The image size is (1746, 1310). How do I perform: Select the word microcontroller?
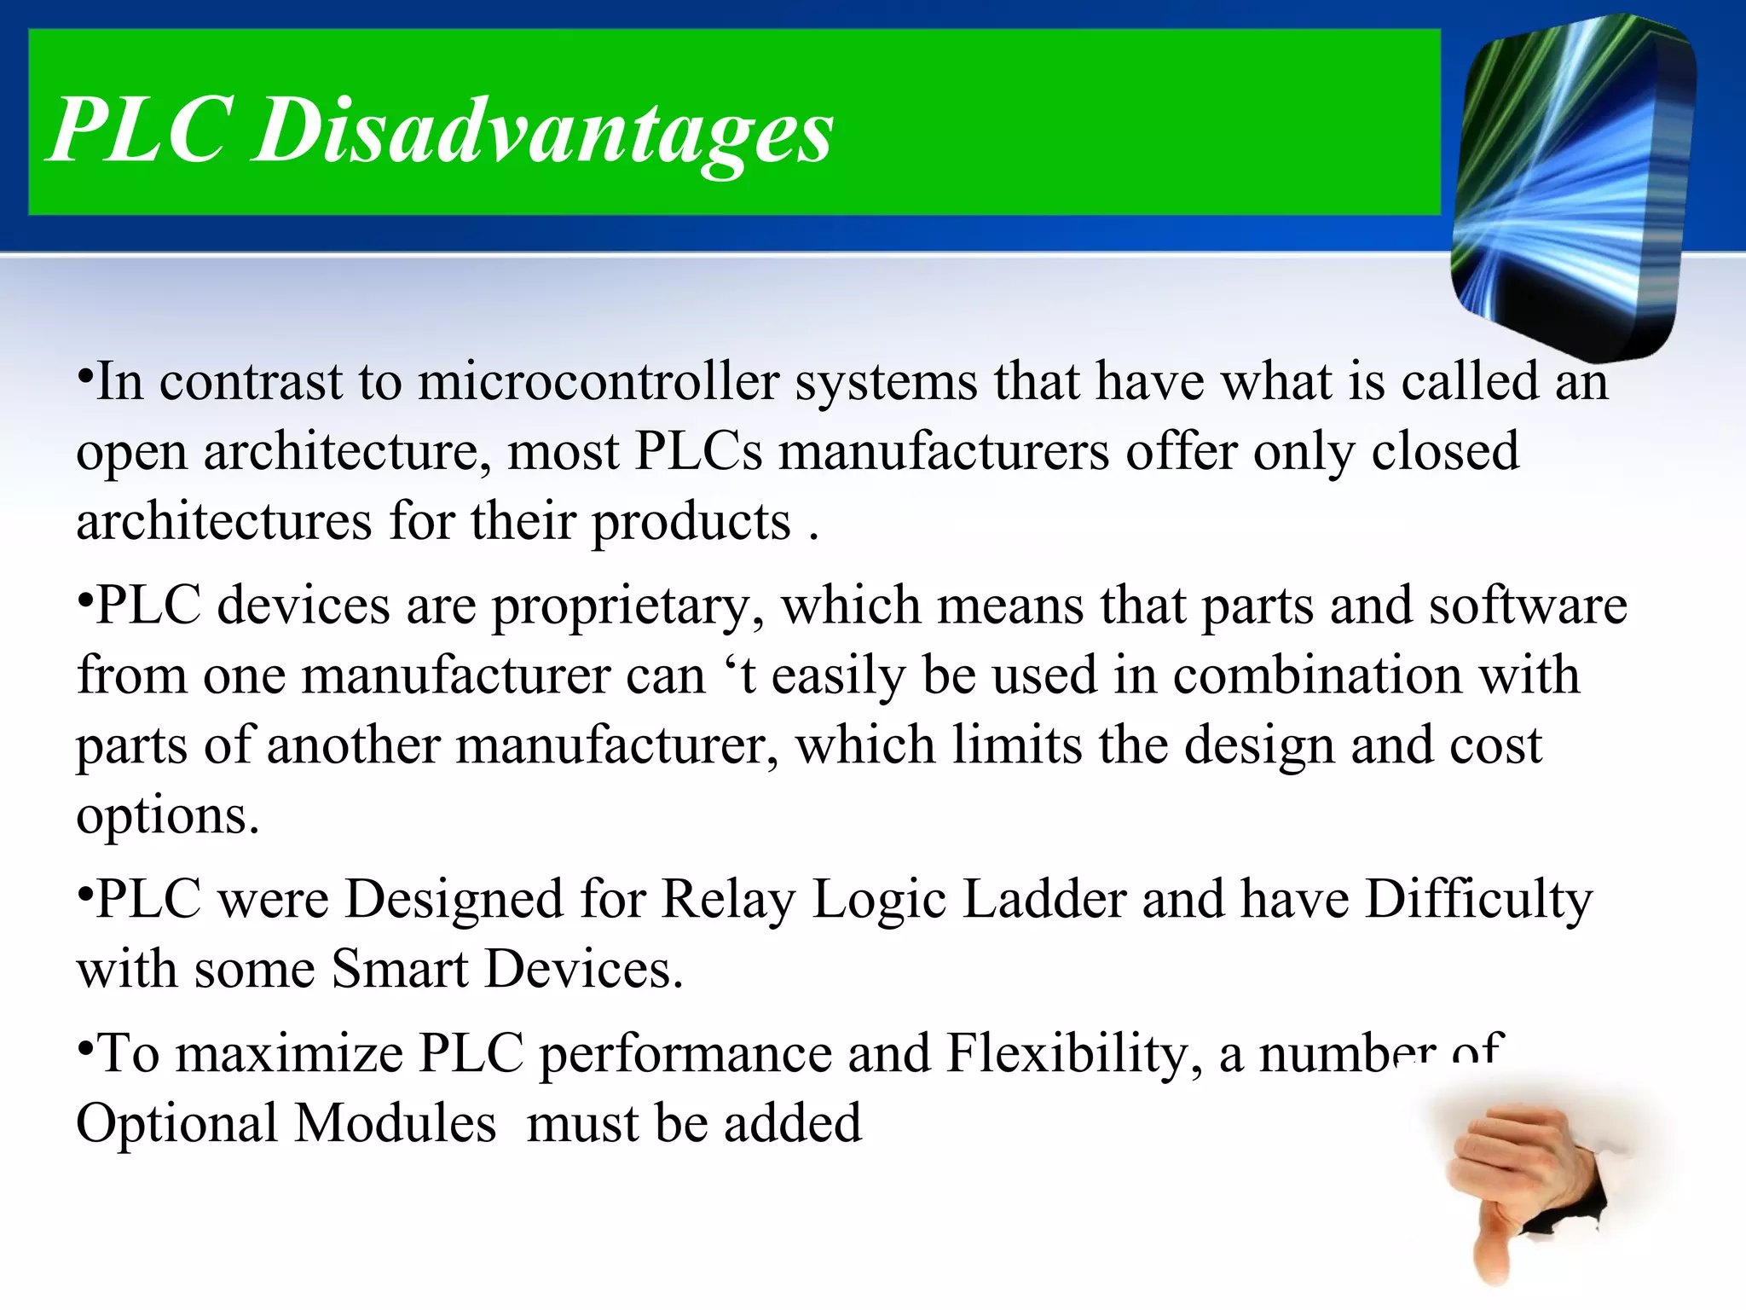[x=598, y=381]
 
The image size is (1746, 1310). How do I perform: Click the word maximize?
[x=289, y=1054]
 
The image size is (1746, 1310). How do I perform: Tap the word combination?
[x=1316, y=675]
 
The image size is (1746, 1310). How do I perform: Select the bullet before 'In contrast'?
[x=84, y=376]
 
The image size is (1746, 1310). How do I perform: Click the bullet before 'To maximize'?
[x=84, y=1048]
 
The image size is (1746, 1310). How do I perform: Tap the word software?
[x=1528, y=606]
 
